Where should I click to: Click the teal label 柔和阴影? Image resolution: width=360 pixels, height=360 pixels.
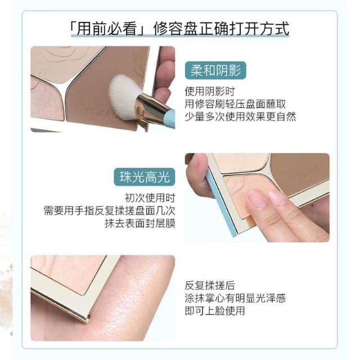point(215,70)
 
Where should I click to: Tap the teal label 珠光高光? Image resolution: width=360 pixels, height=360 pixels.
point(145,177)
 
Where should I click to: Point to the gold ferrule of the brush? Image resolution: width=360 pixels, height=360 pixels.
point(151,109)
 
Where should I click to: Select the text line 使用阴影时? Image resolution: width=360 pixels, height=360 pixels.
point(210,91)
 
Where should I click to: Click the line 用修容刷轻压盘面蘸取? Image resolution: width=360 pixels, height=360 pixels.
point(235,104)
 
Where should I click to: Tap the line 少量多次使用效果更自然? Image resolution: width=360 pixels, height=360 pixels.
point(240,116)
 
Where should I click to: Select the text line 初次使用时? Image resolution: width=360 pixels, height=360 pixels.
point(150,198)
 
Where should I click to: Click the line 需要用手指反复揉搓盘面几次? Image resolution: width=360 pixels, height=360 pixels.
point(110,210)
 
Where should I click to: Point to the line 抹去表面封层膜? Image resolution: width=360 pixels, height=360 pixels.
point(140,223)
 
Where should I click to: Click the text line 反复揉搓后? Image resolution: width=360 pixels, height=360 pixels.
point(210,285)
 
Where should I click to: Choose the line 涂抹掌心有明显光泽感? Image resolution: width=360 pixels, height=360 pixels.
point(235,298)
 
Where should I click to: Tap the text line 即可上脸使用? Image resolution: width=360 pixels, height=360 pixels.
point(215,310)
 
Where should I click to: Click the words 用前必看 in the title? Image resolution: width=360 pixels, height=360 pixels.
point(106,29)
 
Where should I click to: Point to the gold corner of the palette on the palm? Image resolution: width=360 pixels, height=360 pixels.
point(88,318)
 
